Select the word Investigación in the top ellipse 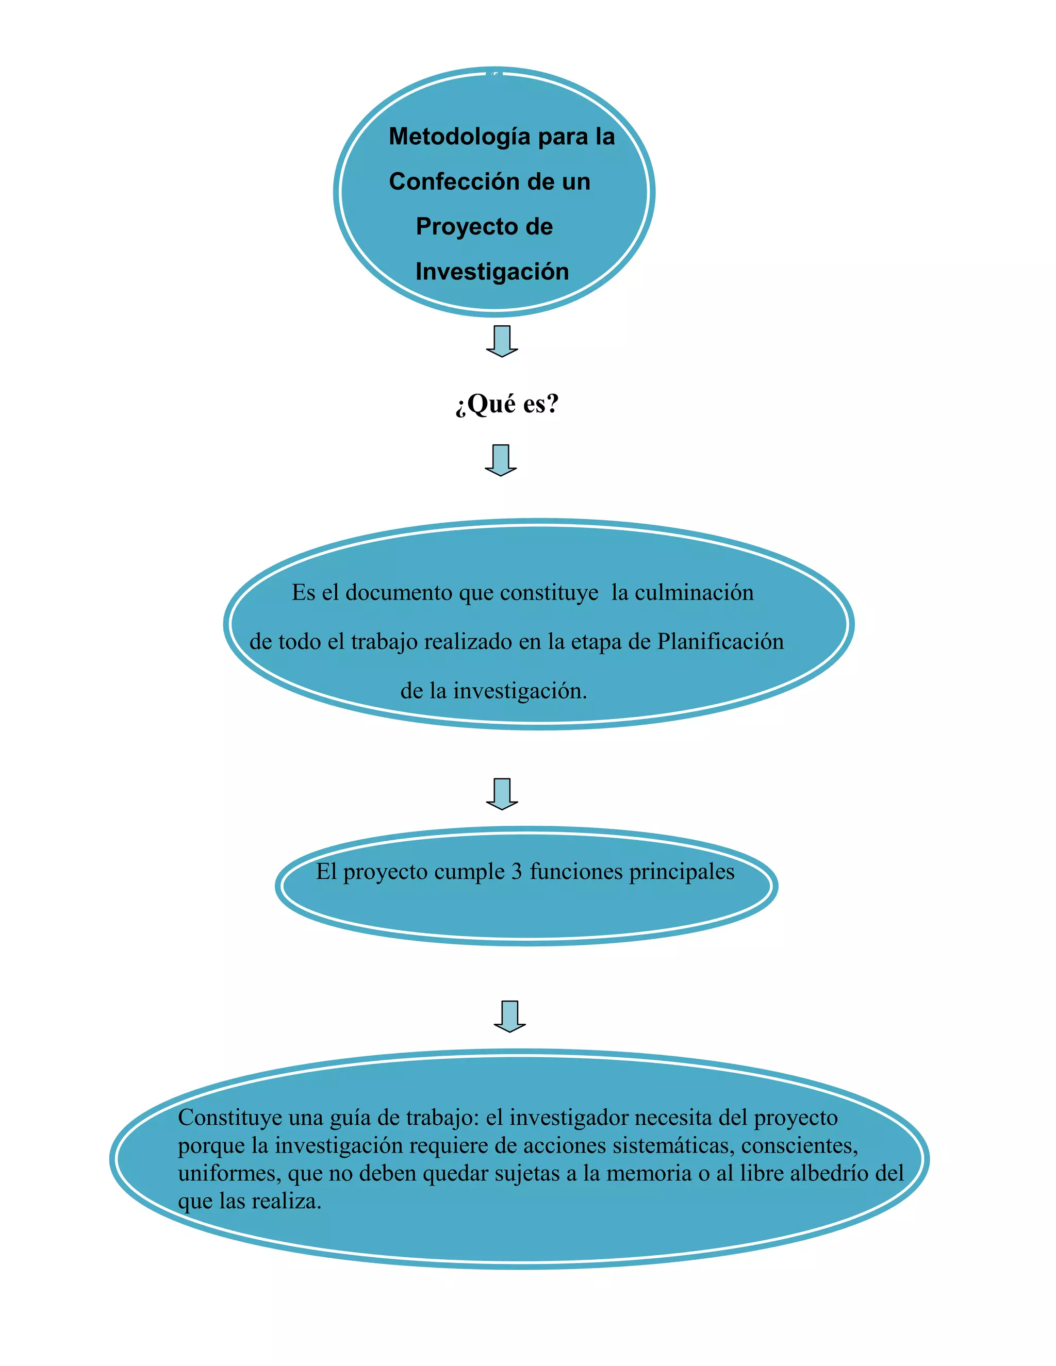point(492,272)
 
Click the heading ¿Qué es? point(507,404)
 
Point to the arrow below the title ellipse point(502,341)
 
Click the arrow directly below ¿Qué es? point(501,460)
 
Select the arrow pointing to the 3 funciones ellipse point(502,794)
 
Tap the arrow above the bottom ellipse point(509,1017)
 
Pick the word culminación point(694,593)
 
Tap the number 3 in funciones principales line point(516,872)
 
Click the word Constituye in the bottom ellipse point(229,1118)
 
